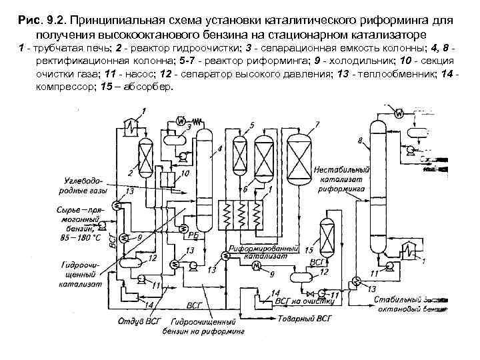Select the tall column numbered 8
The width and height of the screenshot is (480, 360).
[378, 187]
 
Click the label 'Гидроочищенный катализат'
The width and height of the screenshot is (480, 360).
[79, 273]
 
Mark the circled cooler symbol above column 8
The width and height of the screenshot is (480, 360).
[399, 113]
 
